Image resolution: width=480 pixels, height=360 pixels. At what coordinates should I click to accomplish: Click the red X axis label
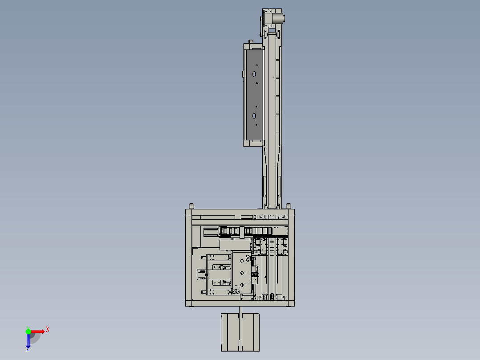(48, 330)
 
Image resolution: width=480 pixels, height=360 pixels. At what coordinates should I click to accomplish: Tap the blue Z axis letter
(28, 349)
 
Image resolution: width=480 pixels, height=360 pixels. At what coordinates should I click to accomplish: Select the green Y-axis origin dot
(28, 331)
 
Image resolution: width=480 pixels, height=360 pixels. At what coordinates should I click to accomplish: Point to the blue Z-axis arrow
(28, 340)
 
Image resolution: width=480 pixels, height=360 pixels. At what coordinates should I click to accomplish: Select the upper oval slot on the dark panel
(254, 74)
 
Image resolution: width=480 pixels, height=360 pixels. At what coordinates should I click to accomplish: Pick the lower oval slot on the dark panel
(254, 116)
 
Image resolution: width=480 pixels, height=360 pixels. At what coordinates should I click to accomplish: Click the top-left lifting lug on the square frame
(191, 206)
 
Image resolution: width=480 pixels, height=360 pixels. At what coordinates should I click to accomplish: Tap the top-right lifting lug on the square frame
(288, 206)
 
